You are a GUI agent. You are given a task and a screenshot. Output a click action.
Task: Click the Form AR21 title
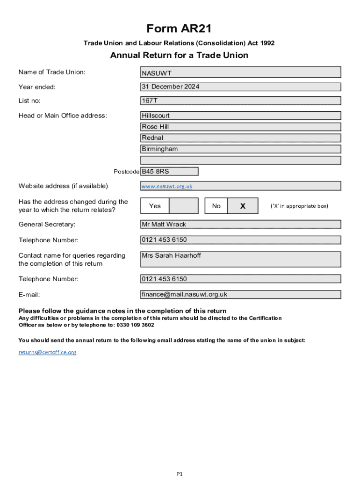(x=179, y=29)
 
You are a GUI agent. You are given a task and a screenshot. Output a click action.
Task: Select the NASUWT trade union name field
(x=240, y=73)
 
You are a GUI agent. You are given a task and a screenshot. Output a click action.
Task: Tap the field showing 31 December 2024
(x=240, y=87)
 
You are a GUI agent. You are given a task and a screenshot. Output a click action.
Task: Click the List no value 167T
(x=240, y=101)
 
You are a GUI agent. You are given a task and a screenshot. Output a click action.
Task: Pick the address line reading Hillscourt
(x=240, y=116)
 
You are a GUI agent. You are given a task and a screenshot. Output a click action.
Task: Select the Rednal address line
(x=240, y=138)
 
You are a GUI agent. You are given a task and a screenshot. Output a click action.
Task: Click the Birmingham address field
(x=240, y=149)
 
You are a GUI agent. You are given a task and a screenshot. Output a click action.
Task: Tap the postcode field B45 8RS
(x=169, y=172)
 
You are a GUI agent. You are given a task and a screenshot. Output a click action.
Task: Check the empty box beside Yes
(x=183, y=206)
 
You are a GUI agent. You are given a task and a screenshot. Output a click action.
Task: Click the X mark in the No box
(x=243, y=206)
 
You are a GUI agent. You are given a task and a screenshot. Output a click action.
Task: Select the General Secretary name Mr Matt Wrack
(x=240, y=225)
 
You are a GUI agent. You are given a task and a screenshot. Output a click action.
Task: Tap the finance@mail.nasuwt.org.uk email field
(x=240, y=295)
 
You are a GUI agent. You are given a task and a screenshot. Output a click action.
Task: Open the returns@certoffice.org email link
(x=47, y=352)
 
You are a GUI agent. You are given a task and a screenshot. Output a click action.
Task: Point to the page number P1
(x=180, y=474)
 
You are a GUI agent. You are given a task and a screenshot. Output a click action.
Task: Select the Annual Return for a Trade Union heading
(x=179, y=56)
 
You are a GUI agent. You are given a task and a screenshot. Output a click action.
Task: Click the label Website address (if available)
(x=63, y=186)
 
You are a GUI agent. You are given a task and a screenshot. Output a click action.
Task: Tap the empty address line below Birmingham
(x=240, y=160)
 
